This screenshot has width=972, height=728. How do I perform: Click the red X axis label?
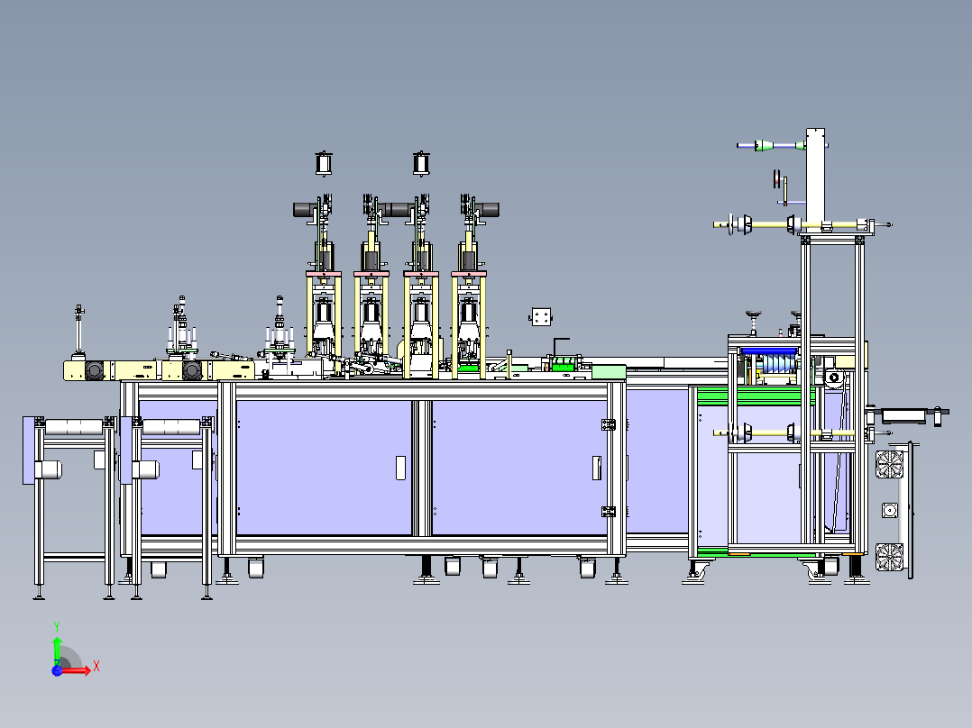coord(96,667)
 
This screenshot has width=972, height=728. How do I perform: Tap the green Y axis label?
coord(57,627)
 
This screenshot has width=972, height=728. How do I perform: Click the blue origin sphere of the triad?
coord(57,671)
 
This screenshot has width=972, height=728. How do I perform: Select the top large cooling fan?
coord(890,464)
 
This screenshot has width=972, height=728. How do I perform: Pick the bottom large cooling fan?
coord(890,557)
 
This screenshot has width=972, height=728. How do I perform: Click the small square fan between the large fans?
coord(890,511)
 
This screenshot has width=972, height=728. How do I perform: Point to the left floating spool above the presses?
coord(324,164)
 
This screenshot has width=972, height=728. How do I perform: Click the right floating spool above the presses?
coord(421,164)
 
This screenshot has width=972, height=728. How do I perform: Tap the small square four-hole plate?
coord(541,316)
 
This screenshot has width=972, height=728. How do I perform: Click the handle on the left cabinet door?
coord(400,468)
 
